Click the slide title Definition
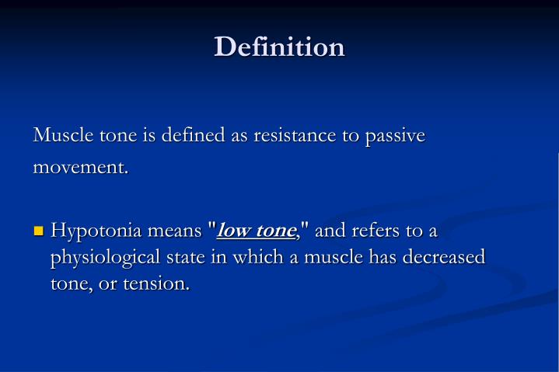279,47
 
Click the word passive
396,136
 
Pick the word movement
80,167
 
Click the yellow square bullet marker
39,231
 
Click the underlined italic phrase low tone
256,231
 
